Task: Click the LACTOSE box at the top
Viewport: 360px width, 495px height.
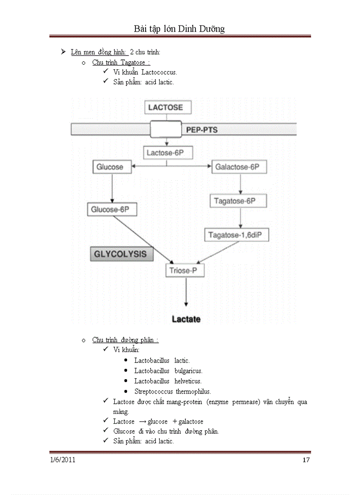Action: (165, 107)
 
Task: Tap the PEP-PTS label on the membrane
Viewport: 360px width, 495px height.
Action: (202, 130)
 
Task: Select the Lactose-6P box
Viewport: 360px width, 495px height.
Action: (166, 153)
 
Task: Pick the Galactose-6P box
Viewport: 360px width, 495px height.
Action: (237, 167)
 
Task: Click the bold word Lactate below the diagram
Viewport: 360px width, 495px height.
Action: (186, 319)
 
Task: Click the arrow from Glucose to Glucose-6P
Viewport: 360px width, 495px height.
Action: (112, 187)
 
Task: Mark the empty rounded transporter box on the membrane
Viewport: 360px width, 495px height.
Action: (165, 130)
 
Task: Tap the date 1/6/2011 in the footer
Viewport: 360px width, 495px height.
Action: (63, 460)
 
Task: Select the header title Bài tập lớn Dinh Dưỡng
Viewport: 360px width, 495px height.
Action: (179, 29)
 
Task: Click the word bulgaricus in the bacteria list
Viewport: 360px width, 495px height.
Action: (188, 371)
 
